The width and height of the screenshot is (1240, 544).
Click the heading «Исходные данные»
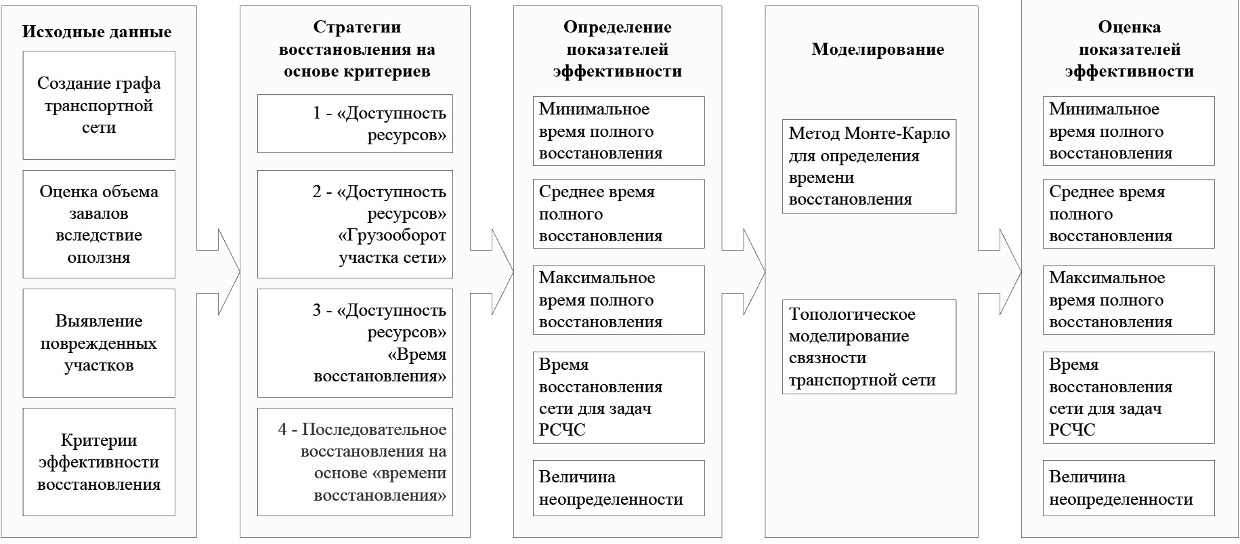click(97, 32)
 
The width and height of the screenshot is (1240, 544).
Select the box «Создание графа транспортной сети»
click(99, 106)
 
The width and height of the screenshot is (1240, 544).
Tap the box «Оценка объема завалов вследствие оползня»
click(99, 224)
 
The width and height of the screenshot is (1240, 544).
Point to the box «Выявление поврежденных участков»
click(99, 343)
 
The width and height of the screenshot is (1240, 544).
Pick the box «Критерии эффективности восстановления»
click(99, 462)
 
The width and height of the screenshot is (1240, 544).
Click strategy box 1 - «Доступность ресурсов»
click(355, 124)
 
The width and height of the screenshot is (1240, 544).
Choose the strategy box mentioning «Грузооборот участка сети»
click(355, 224)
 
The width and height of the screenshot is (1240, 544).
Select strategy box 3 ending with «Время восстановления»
click(355, 343)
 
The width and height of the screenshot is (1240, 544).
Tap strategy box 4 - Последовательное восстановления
click(355, 462)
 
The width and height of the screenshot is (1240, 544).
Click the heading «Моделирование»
click(878, 49)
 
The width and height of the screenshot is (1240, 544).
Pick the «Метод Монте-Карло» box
click(869, 167)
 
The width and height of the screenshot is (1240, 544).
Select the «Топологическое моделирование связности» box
click(869, 347)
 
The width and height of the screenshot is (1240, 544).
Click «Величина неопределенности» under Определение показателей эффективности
click(618, 488)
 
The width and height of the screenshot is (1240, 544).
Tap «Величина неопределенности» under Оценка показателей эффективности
click(1128, 488)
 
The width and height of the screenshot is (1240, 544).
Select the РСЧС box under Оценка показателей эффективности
click(1128, 397)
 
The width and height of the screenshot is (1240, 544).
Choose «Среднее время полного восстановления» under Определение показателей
click(618, 214)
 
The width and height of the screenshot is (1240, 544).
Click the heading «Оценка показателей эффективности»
click(1129, 49)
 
